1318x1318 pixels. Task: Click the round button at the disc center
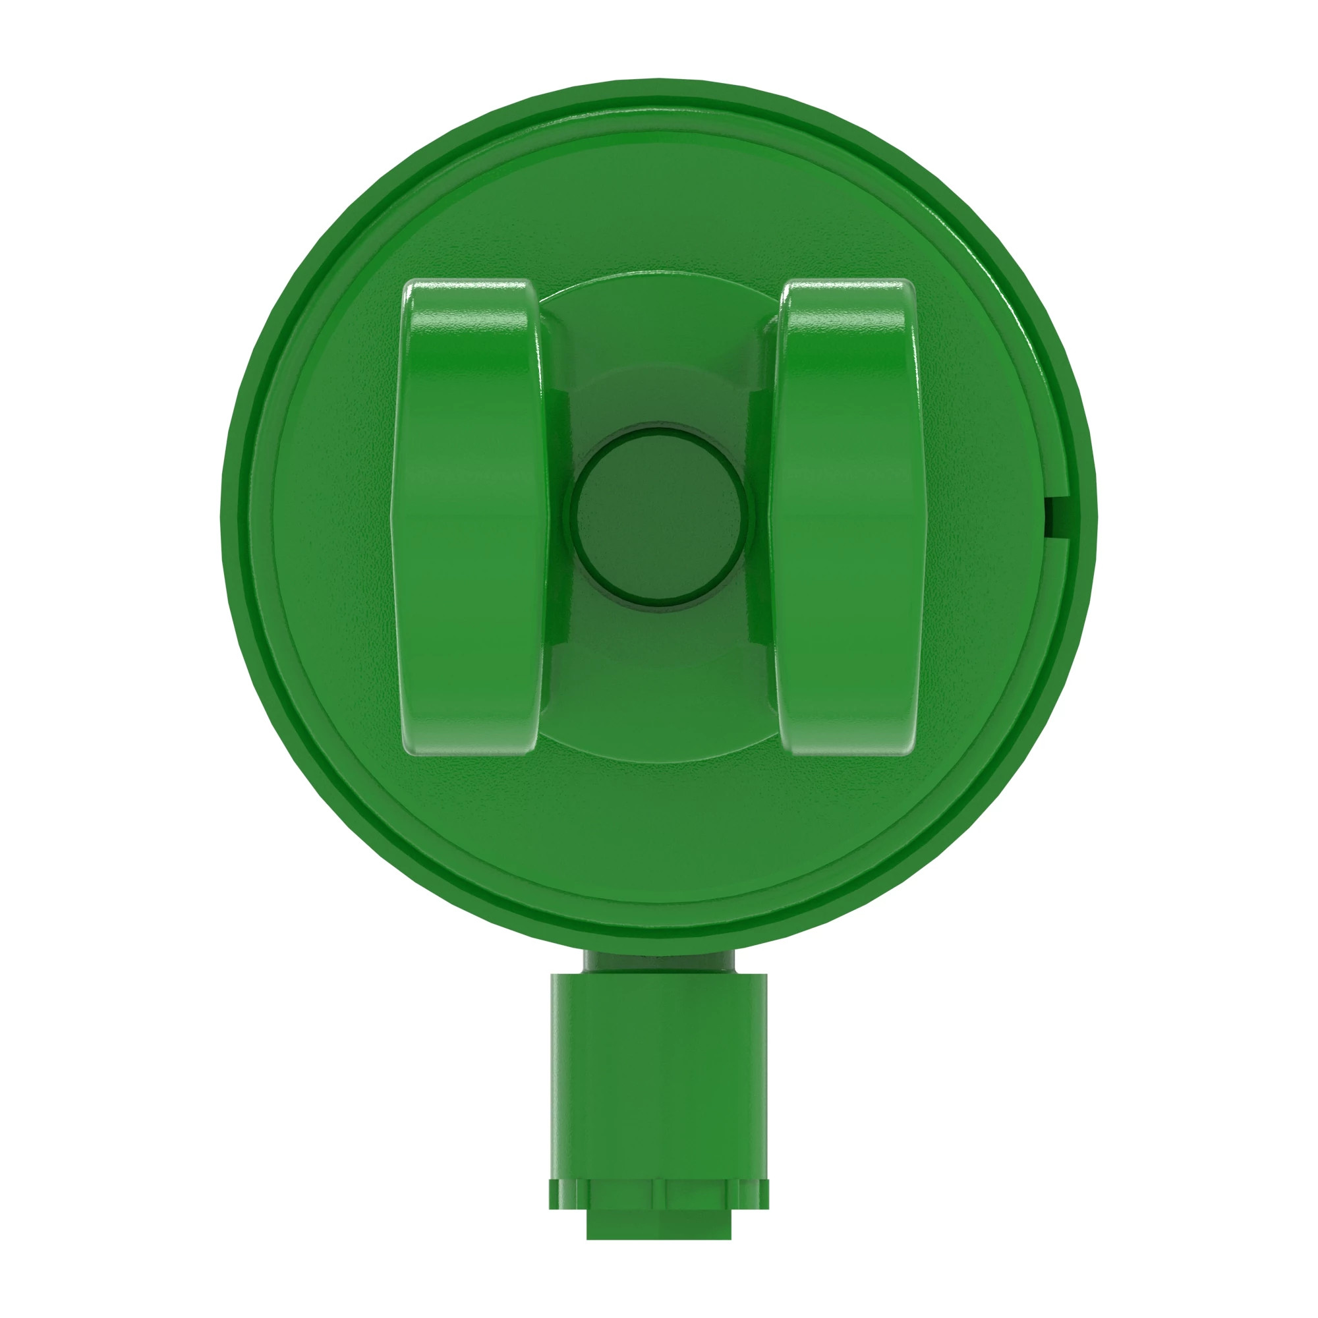point(659,517)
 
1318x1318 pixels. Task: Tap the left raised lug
point(471,517)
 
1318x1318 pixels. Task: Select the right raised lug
point(847,517)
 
